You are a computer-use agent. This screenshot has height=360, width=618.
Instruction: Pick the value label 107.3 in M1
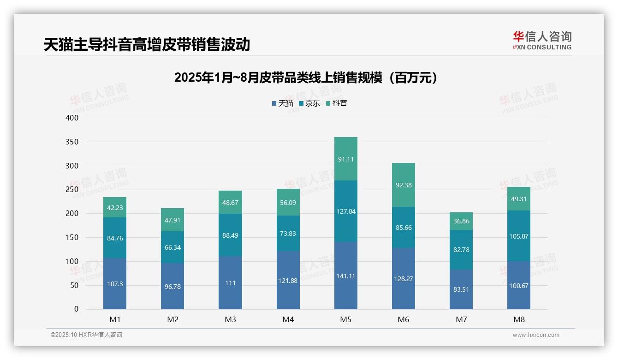[115, 284]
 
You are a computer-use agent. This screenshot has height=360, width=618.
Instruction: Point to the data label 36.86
[461, 222]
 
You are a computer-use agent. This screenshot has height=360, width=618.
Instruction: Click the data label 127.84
[345, 211]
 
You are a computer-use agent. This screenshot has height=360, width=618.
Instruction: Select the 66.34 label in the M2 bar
[172, 247]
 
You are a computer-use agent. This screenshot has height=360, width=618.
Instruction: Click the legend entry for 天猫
[282, 103]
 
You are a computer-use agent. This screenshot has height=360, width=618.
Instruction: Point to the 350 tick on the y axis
[72, 142]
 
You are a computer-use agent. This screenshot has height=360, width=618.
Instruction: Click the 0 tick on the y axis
[76, 309]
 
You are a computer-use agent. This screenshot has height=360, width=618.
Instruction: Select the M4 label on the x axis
[288, 320]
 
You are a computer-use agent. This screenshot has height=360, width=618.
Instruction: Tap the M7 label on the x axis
[461, 320]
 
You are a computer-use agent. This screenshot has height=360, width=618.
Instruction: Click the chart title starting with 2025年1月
[306, 78]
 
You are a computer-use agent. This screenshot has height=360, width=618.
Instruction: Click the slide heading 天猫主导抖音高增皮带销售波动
[147, 44]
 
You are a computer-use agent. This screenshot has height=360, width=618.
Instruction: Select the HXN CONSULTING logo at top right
[542, 41]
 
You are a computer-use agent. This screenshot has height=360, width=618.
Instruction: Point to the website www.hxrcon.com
[536, 335]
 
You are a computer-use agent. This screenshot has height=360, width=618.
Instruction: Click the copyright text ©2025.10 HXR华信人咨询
[86, 335]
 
